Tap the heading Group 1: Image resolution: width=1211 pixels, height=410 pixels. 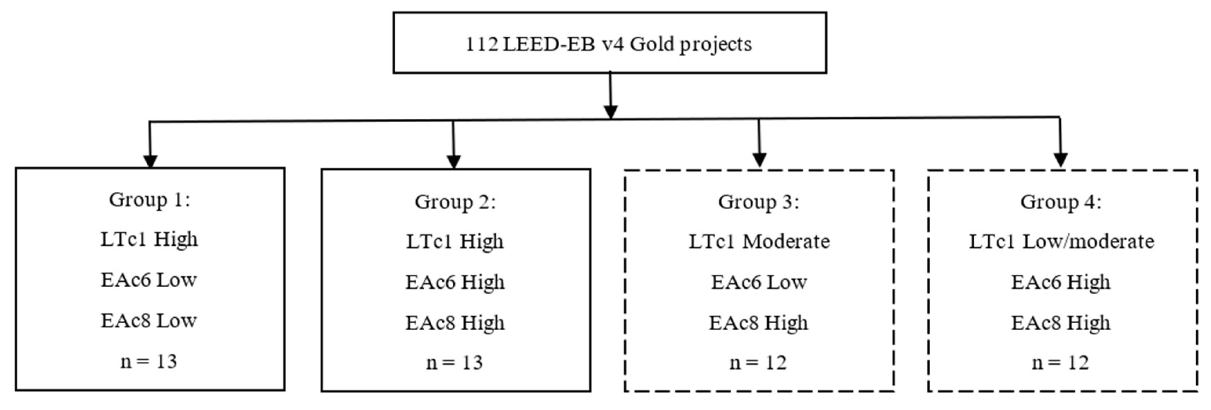pos(150,199)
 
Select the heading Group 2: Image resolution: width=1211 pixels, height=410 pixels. pos(455,202)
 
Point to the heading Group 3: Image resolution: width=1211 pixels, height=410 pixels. pos(758,202)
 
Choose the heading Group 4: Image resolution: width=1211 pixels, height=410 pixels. pos(1061,202)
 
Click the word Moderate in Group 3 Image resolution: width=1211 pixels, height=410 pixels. pos(786,242)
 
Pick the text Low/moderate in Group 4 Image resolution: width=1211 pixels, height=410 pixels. pos(1088,242)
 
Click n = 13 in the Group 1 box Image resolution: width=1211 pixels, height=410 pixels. pos(148,362)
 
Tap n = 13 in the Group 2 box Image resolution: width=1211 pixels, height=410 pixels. pos(454,363)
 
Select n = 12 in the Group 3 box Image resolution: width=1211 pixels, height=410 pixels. pos(758,363)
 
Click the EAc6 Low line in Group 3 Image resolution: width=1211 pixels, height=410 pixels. pos(758,282)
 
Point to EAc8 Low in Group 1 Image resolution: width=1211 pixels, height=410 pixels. pos(148,321)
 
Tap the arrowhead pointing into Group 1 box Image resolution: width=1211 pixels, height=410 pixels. pos(150,161)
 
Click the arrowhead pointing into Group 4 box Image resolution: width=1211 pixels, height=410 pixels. pos(1061,160)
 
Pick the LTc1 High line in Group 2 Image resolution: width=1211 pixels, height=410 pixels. pos(454,242)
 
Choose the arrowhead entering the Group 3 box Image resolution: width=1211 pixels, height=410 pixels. pos(759,160)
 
